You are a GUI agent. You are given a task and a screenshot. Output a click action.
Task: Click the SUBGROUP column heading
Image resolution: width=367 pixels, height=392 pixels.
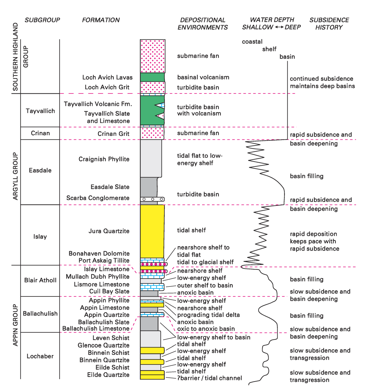(x=42, y=20)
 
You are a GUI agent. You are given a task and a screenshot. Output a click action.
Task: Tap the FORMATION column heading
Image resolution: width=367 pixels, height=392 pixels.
(x=101, y=20)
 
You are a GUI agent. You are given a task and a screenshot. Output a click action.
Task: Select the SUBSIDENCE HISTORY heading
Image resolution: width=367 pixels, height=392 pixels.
(x=329, y=24)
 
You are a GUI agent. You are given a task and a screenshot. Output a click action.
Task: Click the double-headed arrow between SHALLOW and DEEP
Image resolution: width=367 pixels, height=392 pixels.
(x=279, y=27)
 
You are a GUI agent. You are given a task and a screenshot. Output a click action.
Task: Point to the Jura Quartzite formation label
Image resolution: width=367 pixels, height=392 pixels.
(x=109, y=231)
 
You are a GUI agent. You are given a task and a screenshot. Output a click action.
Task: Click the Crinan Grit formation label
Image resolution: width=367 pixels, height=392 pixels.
(x=113, y=134)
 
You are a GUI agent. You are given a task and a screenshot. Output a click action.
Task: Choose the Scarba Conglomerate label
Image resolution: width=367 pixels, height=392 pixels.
(x=98, y=198)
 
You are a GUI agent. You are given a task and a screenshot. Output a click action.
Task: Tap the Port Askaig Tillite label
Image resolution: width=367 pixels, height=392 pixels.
(x=104, y=261)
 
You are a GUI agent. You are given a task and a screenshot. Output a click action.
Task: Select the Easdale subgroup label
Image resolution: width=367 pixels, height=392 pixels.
(x=40, y=170)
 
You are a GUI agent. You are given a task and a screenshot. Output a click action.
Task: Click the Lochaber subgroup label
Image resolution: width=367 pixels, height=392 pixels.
(x=40, y=356)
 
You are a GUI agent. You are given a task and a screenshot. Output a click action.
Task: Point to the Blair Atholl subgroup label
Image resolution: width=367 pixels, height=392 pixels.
(x=40, y=280)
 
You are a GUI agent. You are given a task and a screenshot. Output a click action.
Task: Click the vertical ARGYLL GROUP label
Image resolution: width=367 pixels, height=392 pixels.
(x=15, y=176)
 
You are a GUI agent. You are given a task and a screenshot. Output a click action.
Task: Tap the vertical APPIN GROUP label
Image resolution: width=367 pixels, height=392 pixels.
(x=15, y=325)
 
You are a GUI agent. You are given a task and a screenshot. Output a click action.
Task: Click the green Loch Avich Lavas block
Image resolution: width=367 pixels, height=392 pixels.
(x=152, y=77)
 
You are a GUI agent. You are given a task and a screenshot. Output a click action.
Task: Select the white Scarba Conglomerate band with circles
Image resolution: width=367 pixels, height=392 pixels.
(x=152, y=199)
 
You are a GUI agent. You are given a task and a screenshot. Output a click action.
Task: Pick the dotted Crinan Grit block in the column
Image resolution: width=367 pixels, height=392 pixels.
(x=152, y=133)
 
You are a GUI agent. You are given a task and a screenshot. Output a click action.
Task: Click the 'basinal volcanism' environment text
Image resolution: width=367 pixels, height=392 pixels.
(x=203, y=77)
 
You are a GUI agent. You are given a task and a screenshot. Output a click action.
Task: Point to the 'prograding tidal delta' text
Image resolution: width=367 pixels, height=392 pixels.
(x=208, y=315)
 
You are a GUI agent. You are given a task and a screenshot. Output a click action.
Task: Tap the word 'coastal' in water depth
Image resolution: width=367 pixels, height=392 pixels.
(x=252, y=42)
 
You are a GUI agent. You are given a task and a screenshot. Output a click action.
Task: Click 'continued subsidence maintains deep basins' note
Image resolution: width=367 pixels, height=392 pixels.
(x=322, y=82)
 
